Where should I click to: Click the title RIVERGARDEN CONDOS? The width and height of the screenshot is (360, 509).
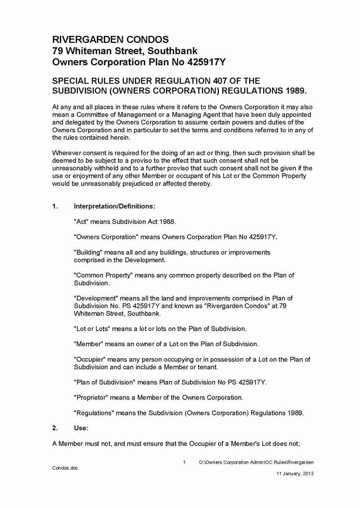110,39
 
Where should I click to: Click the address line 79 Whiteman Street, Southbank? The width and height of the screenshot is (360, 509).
125,51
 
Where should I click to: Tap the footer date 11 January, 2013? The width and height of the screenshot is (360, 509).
295,474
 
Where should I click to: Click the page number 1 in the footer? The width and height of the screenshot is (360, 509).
184,462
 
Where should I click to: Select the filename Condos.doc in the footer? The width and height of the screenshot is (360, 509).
65,468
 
